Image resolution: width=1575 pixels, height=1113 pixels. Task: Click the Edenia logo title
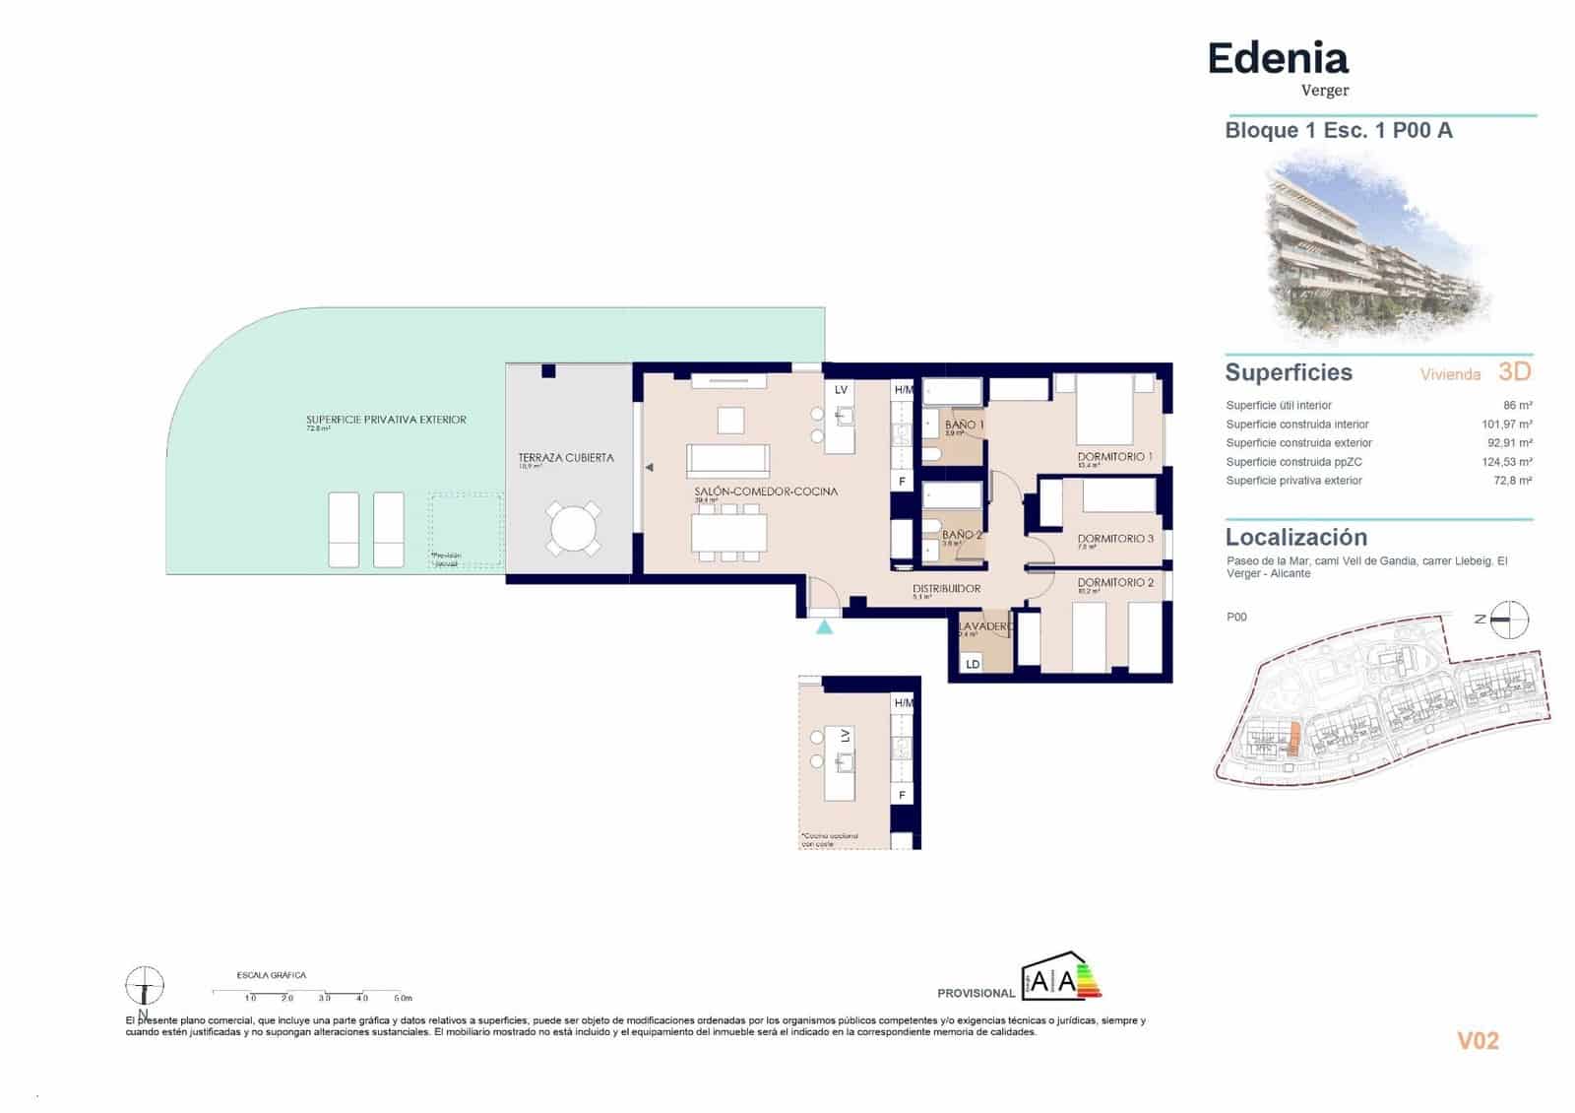[x=1278, y=59]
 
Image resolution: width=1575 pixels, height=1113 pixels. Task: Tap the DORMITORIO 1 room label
[x=1114, y=457]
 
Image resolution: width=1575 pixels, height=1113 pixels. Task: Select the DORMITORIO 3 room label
[x=1114, y=539]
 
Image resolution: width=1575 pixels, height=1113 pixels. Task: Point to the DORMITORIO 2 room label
[x=1114, y=582]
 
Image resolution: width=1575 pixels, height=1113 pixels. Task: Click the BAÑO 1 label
[x=964, y=425]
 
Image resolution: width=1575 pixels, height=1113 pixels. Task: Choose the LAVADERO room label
[x=984, y=626]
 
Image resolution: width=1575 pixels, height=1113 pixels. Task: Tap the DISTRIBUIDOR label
[x=946, y=588]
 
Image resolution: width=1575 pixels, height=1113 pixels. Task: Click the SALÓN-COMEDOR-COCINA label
[x=766, y=491]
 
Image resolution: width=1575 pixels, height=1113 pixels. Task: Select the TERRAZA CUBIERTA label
[x=566, y=458]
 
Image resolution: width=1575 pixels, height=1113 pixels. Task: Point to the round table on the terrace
[x=574, y=529]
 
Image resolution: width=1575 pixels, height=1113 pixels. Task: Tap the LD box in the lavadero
[x=973, y=664]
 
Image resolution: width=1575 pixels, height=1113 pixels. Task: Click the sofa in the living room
[x=727, y=460]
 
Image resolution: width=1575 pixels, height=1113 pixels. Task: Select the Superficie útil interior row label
[x=1278, y=405]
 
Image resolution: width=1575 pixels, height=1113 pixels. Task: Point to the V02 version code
[x=1477, y=1041]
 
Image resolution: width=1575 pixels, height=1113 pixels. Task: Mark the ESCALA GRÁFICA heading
[x=272, y=975]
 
